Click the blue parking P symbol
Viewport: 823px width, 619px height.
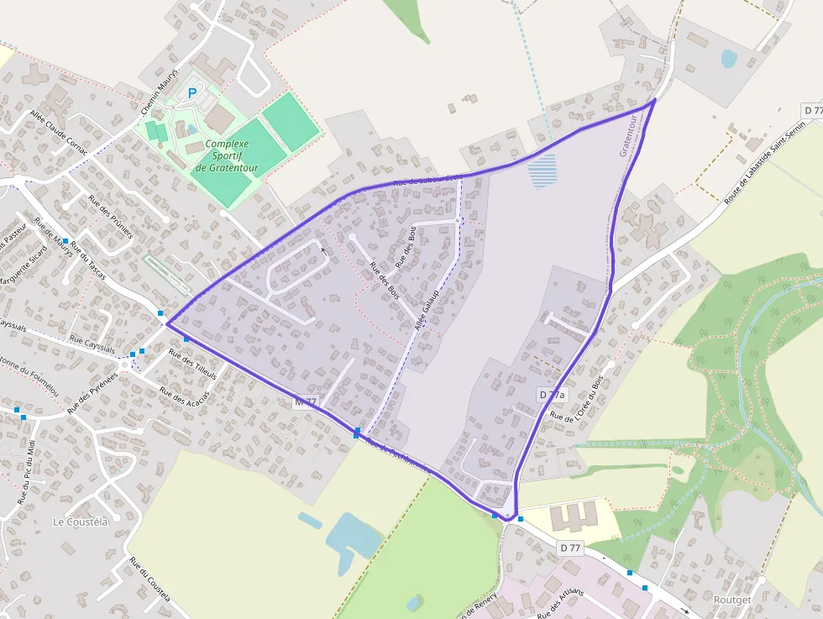click(x=193, y=93)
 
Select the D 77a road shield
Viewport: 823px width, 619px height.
click(x=552, y=394)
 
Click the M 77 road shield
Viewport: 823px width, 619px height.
click(x=306, y=402)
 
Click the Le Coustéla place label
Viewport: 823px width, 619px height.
click(x=81, y=522)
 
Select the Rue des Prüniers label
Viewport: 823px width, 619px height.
click(x=111, y=217)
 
